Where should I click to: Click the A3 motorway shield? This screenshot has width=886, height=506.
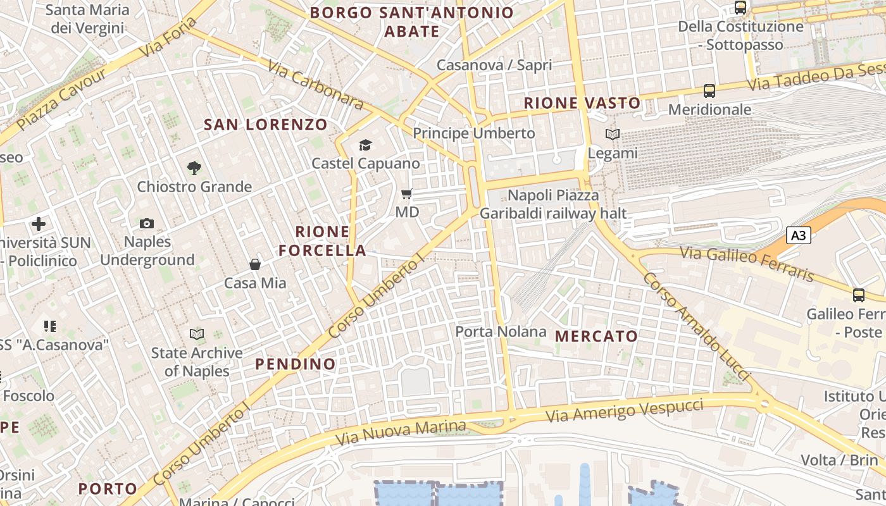[799, 235]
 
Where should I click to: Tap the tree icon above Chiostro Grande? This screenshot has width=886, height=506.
[194, 168]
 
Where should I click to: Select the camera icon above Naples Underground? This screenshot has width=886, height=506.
[147, 223]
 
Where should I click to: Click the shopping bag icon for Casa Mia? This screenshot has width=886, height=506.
[255, 264]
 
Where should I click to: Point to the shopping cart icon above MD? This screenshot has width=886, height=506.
[407, 194]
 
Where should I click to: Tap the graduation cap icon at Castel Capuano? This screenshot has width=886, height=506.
[365, 145]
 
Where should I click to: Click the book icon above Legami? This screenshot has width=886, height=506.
[612, 134]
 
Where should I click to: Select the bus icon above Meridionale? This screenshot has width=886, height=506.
[709, 91]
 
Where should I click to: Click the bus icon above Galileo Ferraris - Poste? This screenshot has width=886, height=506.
[859, 295]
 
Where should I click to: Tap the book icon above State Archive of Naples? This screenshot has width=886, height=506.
[197, 334]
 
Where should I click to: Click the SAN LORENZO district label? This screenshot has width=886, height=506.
[265, 125]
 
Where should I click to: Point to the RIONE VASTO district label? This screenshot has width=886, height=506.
[582, 103]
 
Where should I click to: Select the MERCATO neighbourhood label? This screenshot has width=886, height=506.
[596, 336]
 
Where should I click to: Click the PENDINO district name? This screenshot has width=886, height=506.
[295, 364]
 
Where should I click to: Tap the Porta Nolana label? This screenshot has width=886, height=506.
[501, 331]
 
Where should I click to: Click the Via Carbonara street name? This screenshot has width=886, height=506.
[315, 85]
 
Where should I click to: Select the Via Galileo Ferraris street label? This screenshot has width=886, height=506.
[747, 264]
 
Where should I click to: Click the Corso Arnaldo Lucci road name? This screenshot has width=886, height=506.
[696, 328]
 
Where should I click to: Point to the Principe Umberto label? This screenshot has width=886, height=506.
[474, 133]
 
